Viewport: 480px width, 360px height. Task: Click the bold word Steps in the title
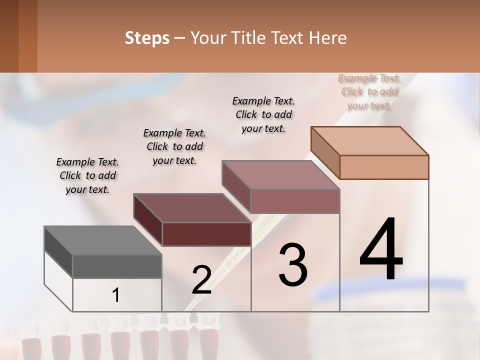146,38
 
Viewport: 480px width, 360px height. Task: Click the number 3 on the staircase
292,265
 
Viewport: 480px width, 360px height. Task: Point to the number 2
201,280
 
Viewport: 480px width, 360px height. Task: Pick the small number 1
115,295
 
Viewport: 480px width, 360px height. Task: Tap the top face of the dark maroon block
192,208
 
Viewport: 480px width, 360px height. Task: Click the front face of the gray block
117,266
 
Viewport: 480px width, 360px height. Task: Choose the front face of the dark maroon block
206,234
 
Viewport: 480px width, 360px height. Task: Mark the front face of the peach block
384,167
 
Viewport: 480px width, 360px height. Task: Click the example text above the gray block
87,175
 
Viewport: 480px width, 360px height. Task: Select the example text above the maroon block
174,146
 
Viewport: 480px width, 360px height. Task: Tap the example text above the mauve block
263,114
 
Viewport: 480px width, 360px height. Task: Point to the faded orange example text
369,91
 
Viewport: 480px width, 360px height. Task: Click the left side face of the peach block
325,152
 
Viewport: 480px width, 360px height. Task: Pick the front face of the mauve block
295,201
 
